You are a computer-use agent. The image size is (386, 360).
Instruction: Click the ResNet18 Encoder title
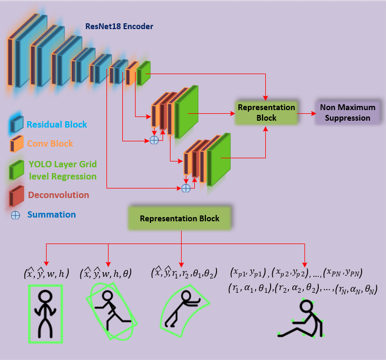pyautogui.click(x=119, y=26)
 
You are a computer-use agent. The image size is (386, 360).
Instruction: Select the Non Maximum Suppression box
pyautogui.click(x=347, y=112)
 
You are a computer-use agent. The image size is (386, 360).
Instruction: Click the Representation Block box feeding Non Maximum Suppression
pyautogui.click(x=266, y=112)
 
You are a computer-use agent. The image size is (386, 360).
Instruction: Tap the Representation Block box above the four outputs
pyautogui.click(x=179, y=218)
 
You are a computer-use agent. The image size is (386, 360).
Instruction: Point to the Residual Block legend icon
pyautogui.click(x=16, y=124)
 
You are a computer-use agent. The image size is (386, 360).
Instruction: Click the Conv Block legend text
pyautogui.click(x=50, y=143)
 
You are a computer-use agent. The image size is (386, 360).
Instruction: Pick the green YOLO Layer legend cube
pyautogui.click(x=16, y=170)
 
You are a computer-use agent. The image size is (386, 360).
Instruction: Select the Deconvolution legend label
pyautogui.click(x=59, y=195)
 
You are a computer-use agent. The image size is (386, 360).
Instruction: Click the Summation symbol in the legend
pyautogui.click(x=15, y=215)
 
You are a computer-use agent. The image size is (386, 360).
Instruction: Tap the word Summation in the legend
pyautogui.click(x=51, y=214)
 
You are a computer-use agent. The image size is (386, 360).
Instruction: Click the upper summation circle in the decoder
pyautogui.click(x=154, y=140)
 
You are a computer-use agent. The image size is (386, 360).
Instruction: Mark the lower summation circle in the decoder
pyautogui.click(x=186, y=188)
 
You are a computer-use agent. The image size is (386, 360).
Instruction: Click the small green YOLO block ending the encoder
pyautogui.click(x=143, y=73)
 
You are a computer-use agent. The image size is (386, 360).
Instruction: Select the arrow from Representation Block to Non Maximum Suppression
pyautogui.click(x=307, y=113)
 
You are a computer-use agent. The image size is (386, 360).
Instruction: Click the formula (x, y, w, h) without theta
pyautogui.click(x=46, y=273)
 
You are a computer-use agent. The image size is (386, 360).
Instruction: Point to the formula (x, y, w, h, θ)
pyautogui.click(x=106, y=273)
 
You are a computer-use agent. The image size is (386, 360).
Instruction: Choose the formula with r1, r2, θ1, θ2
pyautogui.click(x=184, y=273)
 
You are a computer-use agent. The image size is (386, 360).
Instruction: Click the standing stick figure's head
pyautogui.click(x=46, y=296)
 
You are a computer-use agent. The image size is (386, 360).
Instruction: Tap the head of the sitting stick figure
pyautogui.click(x=307, y=307)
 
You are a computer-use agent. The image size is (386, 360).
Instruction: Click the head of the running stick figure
pyautogui.click(x=107, y=295)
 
